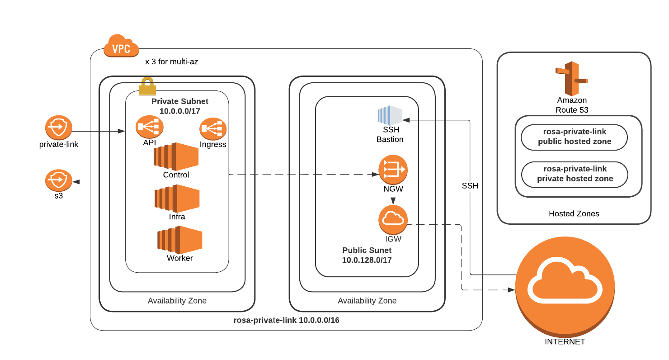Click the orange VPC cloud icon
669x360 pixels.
pyautogui.click(x=121, y=46)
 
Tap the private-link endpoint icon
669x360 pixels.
pyautogui.click(x=59, y=128)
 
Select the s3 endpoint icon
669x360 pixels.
pyautogui.click(x=59, y=181)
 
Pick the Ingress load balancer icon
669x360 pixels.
pyautogui.click(x=213, y=129)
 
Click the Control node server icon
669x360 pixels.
pyautogui.click(x=176, y=156)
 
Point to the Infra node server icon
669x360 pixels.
pyautogui.click(x=177, y=198)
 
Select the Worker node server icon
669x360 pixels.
pyautogui.click(x=179, y=240)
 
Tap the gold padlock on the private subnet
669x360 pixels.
pyautogui.click(x=147, y=86)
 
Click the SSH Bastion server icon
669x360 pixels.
pyautogui.click(x=390, y=115)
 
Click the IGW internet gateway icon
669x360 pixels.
pyautogui.click(x=393, y=219)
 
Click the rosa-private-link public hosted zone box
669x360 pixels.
pyautogui.click(x=574, y=137)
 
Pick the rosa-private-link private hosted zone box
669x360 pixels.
pyautogui.click(x=575, y=174)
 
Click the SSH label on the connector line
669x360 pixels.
pyautogui.click(x=470, y=186)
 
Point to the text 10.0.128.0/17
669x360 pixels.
pyautogui.click(x=367, y=260)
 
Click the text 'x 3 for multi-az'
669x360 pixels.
pyautogui.click(x=171, y=62)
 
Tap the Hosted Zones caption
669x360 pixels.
pyautogui.click(x=574, y=213)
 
